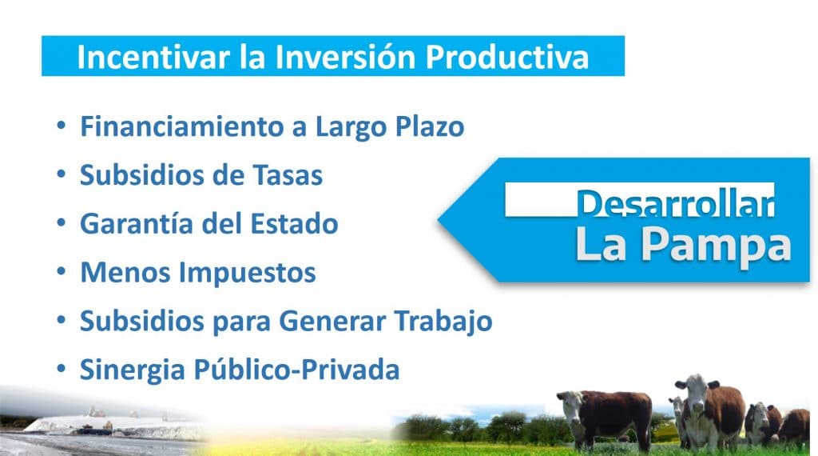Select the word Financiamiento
pyautogui.click(x=182, y=126)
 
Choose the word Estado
pyautogui.click(x=294, y=223)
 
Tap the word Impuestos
pyautogui.click(x=248, y=273)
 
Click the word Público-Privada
pyautogui.click(x=297, y=370)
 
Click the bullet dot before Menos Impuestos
pyautogui.click(x=62, y=272)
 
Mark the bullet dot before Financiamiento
pyautogui.click(x=62, y=126)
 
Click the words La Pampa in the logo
pyautogui.click(x=683, y=246)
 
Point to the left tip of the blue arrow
pyautogui.click(x=439, y=220)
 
